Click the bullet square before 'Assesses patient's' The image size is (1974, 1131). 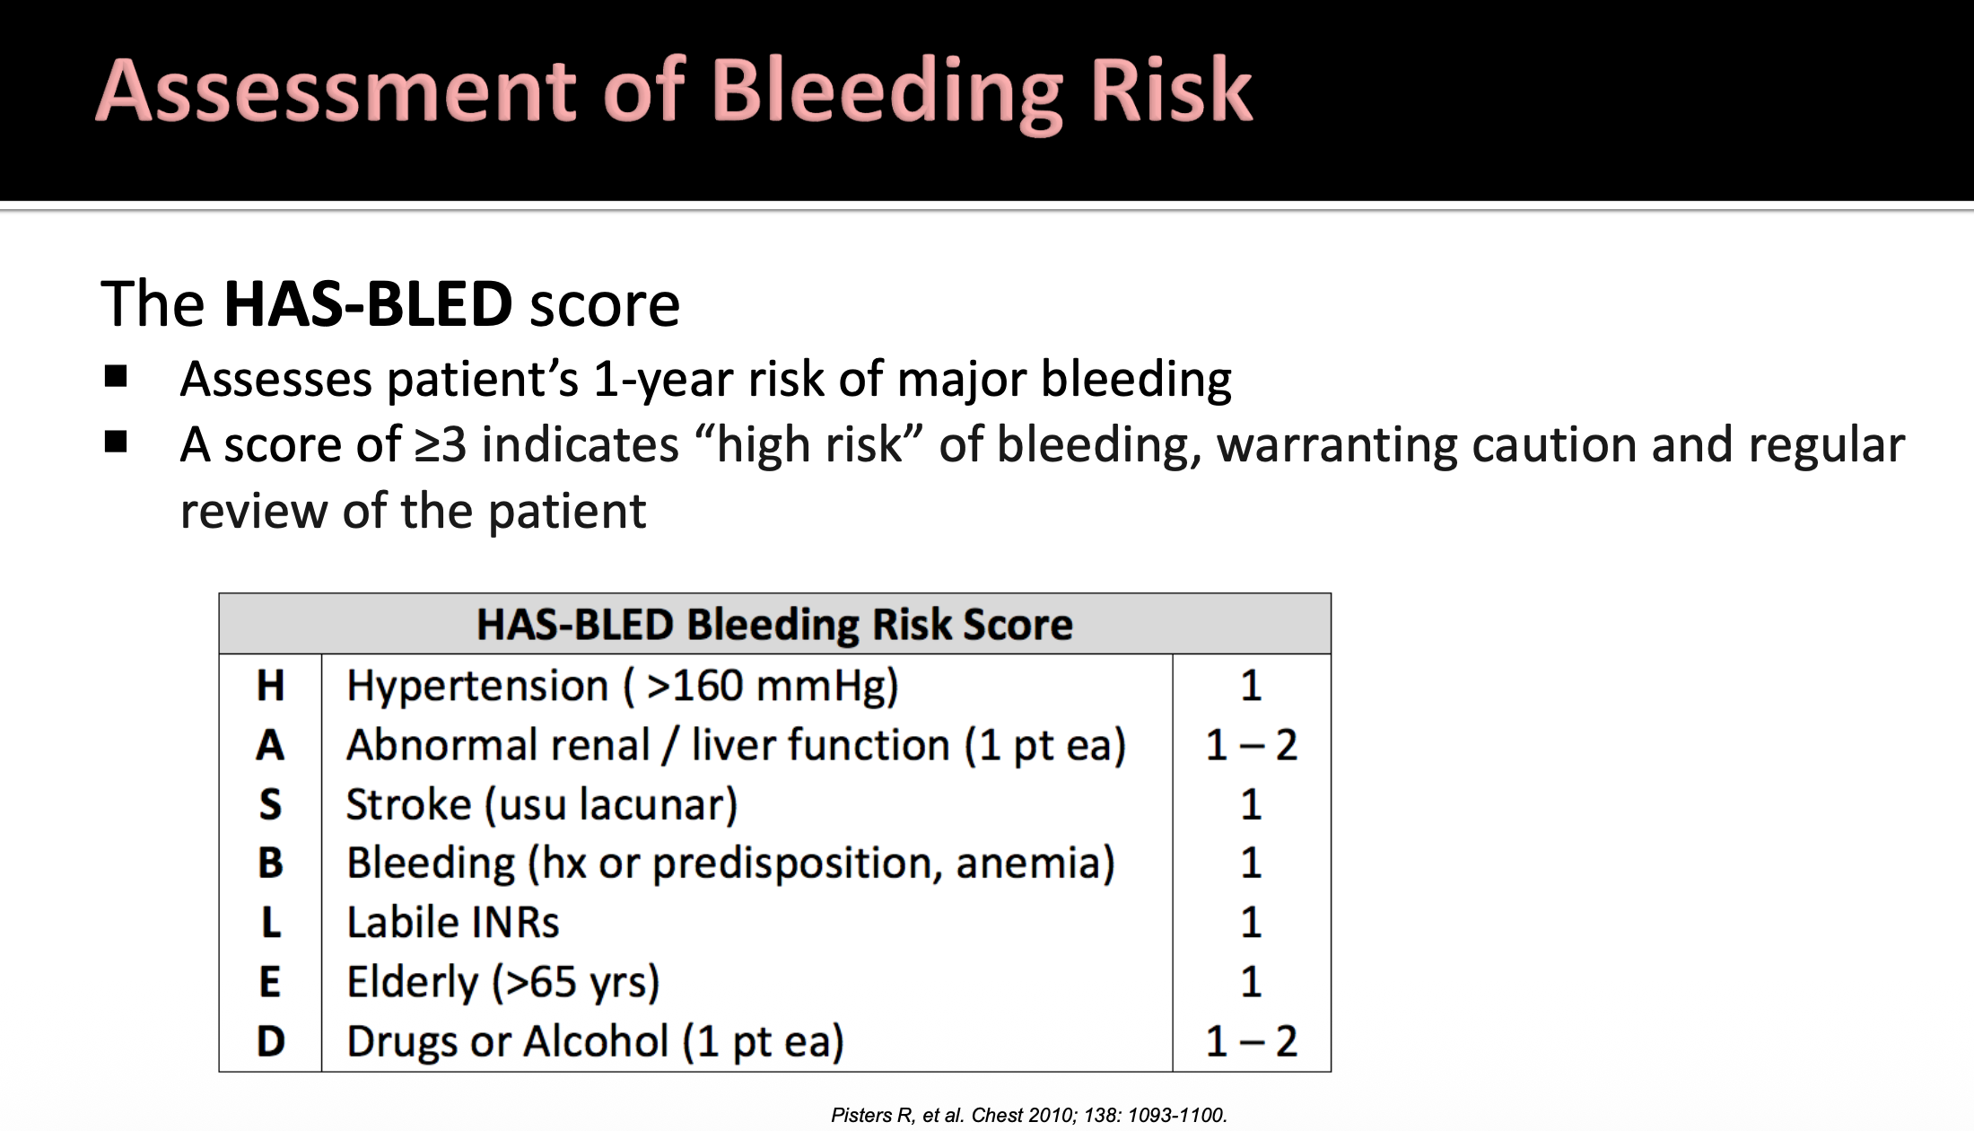[116, 375]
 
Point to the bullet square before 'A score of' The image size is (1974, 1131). [116, 442]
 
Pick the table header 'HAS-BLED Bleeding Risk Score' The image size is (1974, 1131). [774, 624]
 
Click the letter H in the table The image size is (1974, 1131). [270, 686]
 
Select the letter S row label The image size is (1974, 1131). [270, 804]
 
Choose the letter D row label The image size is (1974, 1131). [270, 1041]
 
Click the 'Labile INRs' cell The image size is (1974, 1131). [453, 923]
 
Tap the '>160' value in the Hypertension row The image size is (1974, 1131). [694, 686]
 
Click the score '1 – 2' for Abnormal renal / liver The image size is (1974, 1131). [1251, 745]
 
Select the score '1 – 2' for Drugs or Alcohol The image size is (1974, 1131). [1251, 1041]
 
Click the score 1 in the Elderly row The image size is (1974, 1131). [1251, 982]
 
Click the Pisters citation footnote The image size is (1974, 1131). [1028, 1115]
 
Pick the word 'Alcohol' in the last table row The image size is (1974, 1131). [597, 1041]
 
